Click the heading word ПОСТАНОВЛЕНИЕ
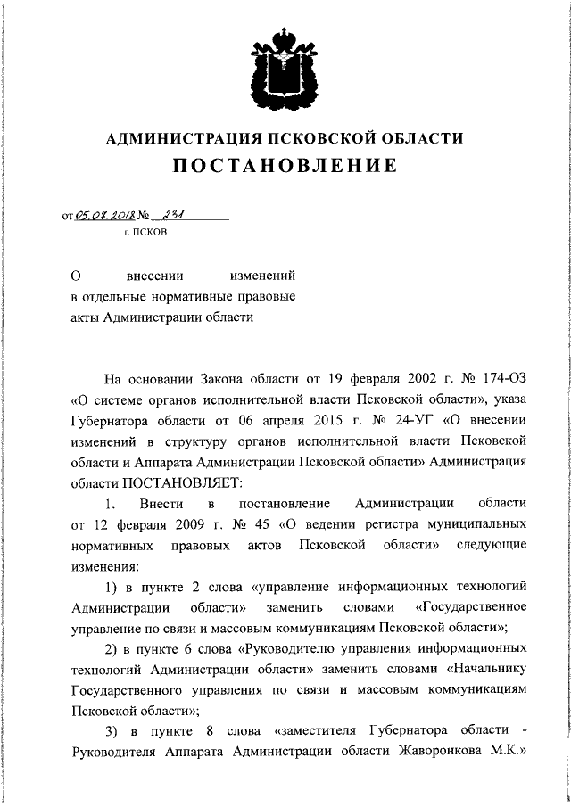pos(285,167)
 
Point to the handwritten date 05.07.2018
pos(105,215)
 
